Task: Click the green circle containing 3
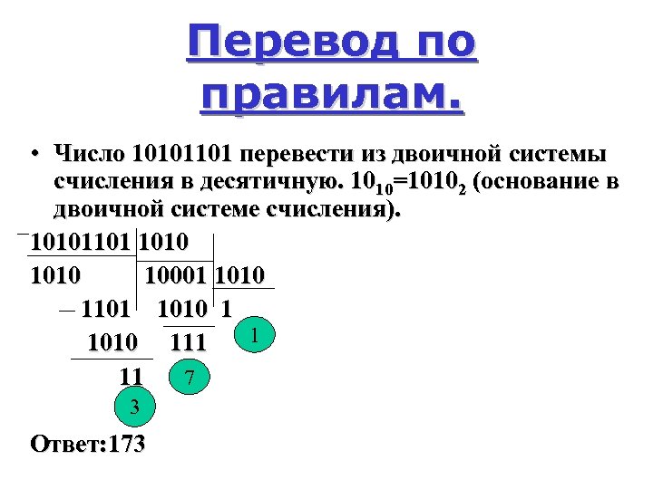click(x=134, y=408)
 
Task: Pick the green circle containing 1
click(x=257, y=336)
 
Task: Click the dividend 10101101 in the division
click(x=82, y=244)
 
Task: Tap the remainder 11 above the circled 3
click(x=131, y=375)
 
